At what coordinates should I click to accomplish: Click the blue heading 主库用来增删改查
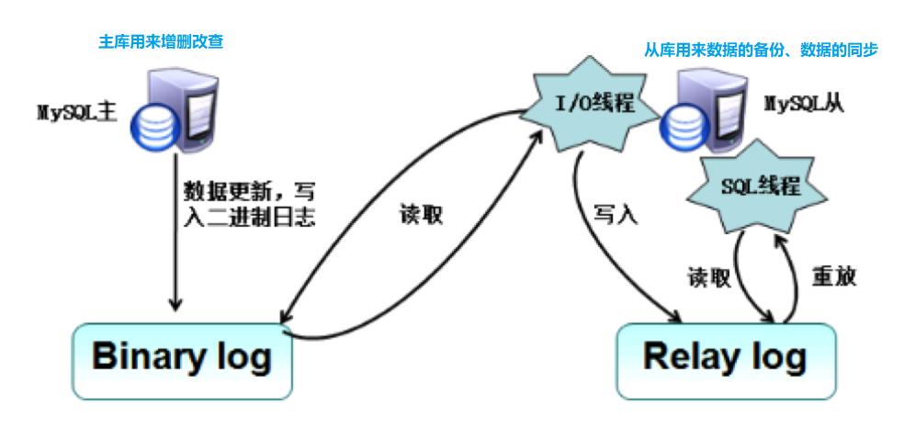click(161, 41)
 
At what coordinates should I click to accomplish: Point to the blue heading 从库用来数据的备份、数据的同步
click(760, 50)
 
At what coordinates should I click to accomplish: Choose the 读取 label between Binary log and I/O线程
click(422, 214)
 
